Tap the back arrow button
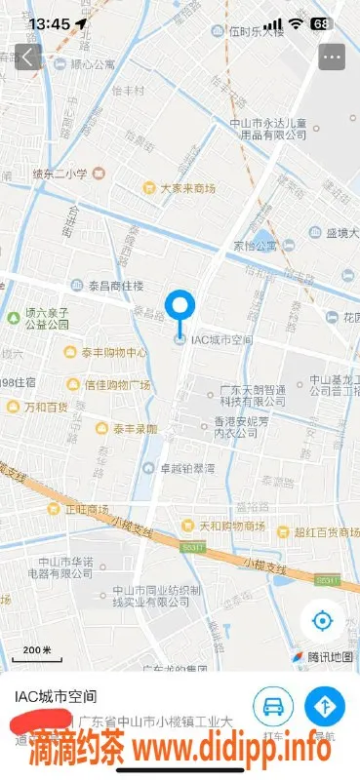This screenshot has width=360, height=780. point(27,56)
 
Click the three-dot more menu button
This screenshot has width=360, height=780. point(332,56)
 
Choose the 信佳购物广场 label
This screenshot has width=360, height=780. point(116,385)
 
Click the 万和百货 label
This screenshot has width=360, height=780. point(46,406)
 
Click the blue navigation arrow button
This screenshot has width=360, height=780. point(322,704)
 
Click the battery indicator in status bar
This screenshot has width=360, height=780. point(321,22)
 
